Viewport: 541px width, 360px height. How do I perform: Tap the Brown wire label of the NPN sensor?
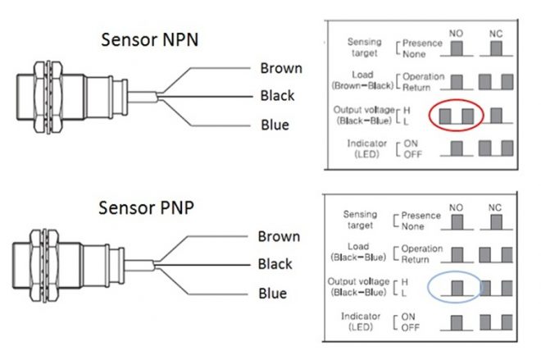coord(280,68)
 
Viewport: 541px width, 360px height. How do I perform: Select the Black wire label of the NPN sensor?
coord(277,96)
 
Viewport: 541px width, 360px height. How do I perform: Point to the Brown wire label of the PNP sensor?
coord(279,236)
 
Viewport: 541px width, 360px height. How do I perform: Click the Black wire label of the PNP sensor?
coord(275,264)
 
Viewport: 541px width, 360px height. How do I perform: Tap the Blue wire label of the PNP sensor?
coord(272,293)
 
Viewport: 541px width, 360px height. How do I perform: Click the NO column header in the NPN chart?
coord(457,34)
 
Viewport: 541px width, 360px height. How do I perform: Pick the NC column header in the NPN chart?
coord(497,34)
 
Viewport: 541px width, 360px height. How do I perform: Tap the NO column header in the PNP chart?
coord(456,207)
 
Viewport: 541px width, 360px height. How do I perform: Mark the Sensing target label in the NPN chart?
coord(364,47)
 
